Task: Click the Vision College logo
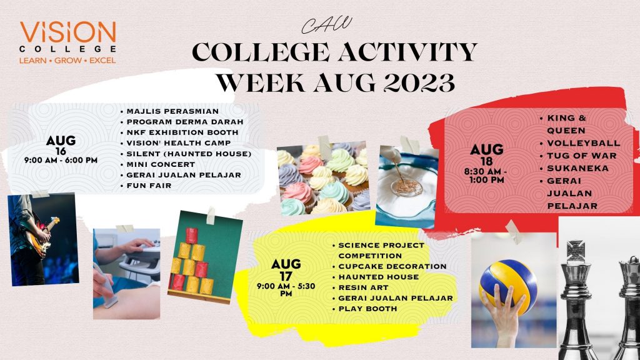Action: pos(67,43)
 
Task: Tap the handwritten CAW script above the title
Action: pos(326,25)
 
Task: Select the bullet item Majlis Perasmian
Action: pos(172,111)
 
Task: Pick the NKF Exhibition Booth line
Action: pos(182,132)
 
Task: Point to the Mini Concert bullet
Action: pos(161,164)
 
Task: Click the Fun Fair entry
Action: pos(149,185)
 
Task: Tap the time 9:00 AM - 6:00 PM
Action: pos(61,161)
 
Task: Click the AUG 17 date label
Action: pos(286,270)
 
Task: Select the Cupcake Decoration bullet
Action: pos(392,266)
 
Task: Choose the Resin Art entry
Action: pos(363,287)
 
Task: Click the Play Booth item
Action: pos(367,309)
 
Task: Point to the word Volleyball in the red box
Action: pos(584,143)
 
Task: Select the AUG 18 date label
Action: pos(486,155)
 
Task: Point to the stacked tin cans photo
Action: pos(204,257)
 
